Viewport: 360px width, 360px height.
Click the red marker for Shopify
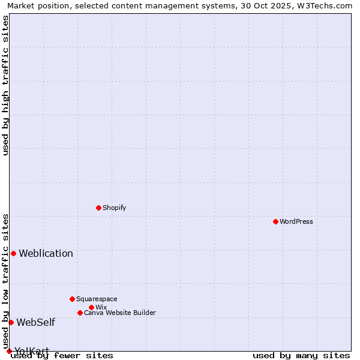(98, 208)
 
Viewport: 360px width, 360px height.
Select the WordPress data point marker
(275, 221)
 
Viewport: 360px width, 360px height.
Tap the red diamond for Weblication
(13, 253)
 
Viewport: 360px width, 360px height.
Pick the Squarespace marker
(72, 299)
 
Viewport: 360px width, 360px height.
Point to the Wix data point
(91, 307)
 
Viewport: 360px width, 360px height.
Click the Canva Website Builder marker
(80, 313)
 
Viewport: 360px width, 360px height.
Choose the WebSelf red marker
(11, 322)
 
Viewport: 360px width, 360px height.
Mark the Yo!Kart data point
(9, 351)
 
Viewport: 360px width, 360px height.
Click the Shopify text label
(114, 208)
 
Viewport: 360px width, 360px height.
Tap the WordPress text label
(296, 221)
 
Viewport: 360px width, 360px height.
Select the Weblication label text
(46, 253)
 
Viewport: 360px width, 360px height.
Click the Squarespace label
(97, 299)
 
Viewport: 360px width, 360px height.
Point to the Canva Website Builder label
(120, 313)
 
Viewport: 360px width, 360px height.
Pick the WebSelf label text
(35, 322)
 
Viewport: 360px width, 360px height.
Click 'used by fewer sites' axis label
(62, 356)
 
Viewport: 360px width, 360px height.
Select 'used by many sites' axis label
(301, 356)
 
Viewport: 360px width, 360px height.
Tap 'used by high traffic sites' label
(5, 85)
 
